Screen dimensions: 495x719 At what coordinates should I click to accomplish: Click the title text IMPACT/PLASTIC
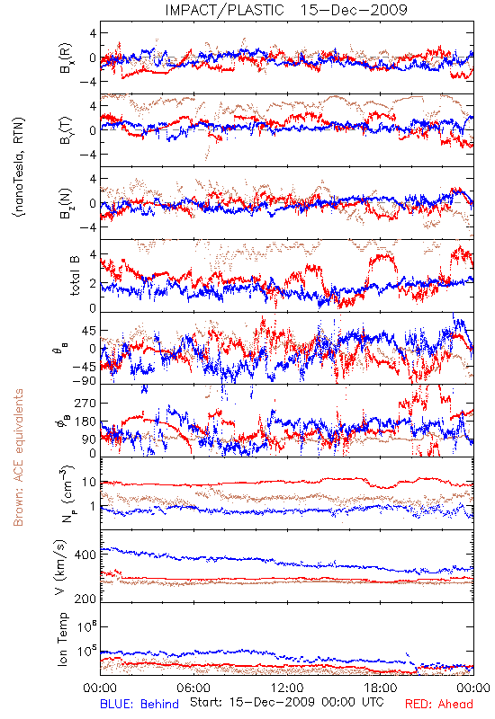point(224,10)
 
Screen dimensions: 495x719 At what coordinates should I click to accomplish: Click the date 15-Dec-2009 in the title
point(354,10)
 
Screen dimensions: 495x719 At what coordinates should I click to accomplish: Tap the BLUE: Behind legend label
point(139,704)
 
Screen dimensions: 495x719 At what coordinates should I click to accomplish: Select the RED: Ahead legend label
point(438,704)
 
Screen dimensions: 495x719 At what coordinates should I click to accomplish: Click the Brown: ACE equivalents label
point(18,457)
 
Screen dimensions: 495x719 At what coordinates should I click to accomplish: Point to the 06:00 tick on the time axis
point(193,688)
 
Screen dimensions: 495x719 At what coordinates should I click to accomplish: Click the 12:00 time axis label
point(287,688)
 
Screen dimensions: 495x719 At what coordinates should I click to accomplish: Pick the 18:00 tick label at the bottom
point(381,688)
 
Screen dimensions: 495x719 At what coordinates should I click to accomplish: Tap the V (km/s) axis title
point(60,567)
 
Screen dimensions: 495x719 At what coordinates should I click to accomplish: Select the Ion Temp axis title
point(62,639)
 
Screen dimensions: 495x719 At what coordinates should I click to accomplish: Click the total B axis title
point(74,276)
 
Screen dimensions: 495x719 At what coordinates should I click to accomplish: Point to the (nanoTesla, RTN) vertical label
point(19,166)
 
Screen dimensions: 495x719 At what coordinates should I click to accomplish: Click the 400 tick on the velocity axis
point(85,555)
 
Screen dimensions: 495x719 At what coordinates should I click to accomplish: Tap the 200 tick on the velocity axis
point(85,599)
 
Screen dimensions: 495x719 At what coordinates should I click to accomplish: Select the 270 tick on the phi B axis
point(85,403)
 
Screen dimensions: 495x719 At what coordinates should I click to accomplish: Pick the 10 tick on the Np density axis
point(89,483)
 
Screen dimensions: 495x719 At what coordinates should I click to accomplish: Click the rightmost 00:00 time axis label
point(474,688)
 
